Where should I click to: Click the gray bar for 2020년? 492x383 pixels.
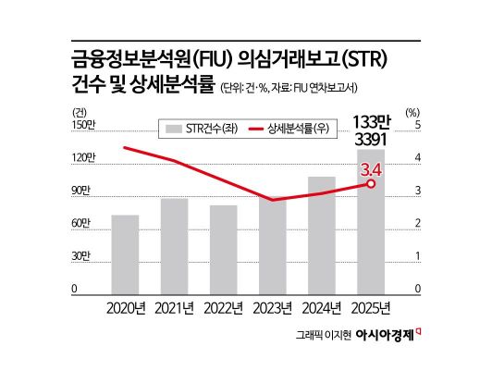pyautogui.click(x=125, y=254)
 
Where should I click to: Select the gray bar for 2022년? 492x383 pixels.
pyautogui.click(x=223, y=250)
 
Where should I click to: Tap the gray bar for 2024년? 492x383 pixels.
pyautogui.click(x=322, y=235)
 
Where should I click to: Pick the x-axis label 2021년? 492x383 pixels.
pyautogui.click(x=174, y=307)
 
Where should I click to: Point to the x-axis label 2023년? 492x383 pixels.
pyautogui.click(x=272, y=307)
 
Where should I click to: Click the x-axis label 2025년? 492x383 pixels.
pyautogui.click(x=371, y=307)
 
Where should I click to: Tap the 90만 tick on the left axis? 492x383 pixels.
pyautogui.click(x=82, y=191)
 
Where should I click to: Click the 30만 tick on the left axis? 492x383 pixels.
pyautogui.click(x=82, y=256)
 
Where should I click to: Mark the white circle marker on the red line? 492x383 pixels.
pyautogui.click(x=371, y=184)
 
